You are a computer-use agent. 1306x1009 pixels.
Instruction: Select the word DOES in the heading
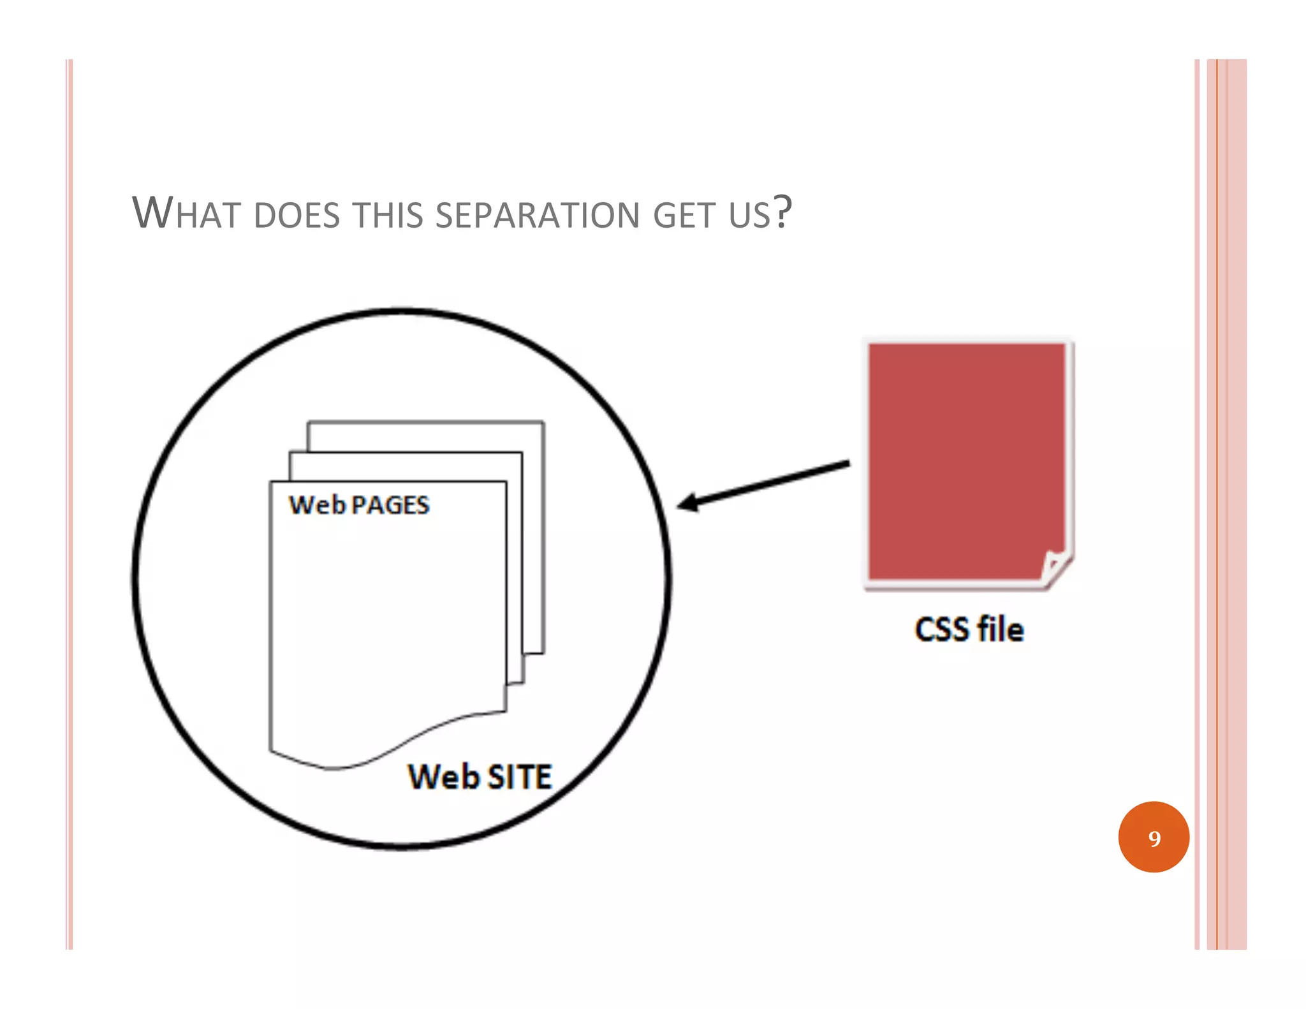pyautogui.click(x=297, y=215)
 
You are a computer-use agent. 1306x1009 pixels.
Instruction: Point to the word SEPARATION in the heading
pyautogui.click(x=537, y=215)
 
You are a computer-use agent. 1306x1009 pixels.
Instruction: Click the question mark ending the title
pyautogui.click(x=782, y=212)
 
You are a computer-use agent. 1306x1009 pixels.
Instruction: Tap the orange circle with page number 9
pyautogui.click(x=1154, y=837)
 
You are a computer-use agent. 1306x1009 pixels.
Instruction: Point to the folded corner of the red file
pyautogui.click(x=1055, y=567)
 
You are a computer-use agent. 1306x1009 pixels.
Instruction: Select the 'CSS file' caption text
pyautogui.click(x=969, y=630)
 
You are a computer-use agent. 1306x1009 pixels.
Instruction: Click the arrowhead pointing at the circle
pyautogui.click(x=689, y=503)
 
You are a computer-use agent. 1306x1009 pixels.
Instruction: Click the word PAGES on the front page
pyautogui.click(x=390, y=505)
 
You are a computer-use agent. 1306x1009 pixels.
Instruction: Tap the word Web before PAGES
pyautogui.click(x=317, y=505)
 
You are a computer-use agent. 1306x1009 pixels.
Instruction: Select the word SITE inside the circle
pyautogui.click(x=520, y=777)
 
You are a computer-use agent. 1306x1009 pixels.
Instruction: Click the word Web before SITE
pyautogui.click(x=443, y=777)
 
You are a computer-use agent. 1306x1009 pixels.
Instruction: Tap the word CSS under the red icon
pyautogui.click(x=942, y=630)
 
